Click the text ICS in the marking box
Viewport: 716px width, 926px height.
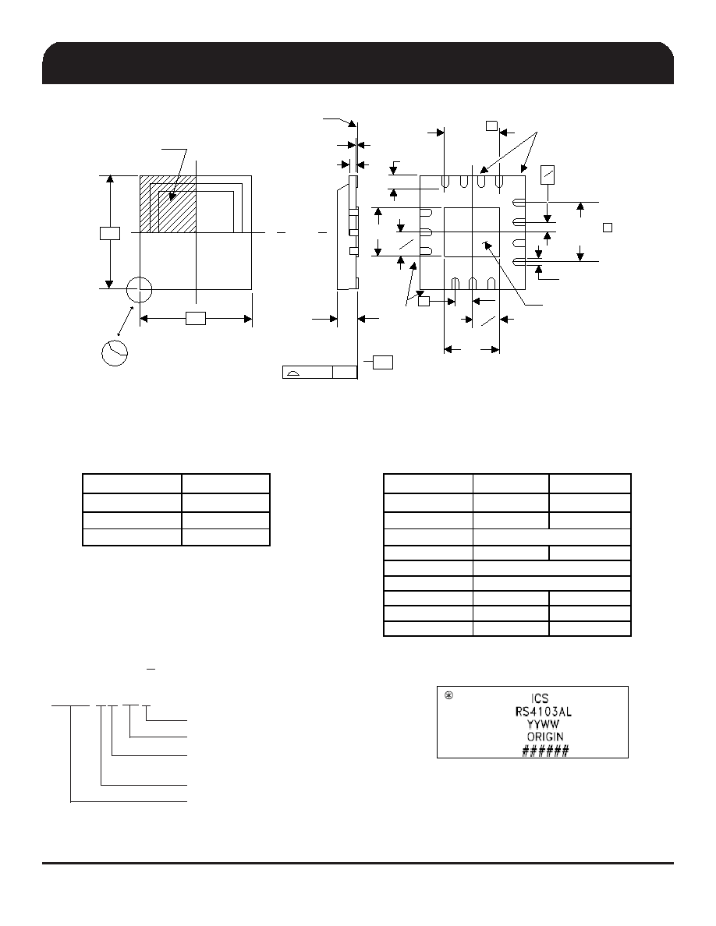[541, 698]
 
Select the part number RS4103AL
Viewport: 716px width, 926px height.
[544, 711]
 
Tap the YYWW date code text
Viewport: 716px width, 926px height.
[543, 724]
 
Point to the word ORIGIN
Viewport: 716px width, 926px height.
[544, 737]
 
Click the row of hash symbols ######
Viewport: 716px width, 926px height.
[544, 751]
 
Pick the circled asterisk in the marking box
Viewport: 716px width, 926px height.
[448, 696]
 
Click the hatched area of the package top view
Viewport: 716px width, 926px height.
[168, 204]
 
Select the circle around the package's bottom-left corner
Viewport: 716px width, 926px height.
[140, 288]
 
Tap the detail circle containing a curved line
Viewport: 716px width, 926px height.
[115, 352]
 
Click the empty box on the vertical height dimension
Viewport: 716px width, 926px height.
[110, 233]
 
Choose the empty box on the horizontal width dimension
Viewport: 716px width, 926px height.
[196, 319]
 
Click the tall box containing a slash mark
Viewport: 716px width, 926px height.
[548, 175]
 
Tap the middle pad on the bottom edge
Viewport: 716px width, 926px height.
[473, 284]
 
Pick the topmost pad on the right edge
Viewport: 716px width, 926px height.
[519, 202]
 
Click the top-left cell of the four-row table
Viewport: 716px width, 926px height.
[132, 484]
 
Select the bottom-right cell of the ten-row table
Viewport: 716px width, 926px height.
[590, 628]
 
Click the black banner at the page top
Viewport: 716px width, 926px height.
[358, 63]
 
